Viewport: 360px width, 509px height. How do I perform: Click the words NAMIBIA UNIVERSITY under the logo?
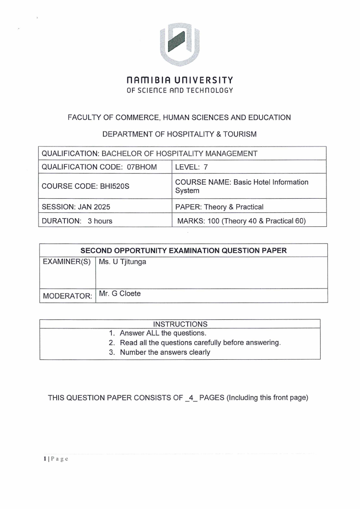coord(180,80)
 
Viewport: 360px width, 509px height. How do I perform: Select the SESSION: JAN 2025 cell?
coord(76,207)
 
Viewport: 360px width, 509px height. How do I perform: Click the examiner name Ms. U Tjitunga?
coord(122,262)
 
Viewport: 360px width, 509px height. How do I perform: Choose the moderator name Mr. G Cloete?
coord(120,294)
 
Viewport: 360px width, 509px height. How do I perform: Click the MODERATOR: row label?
coord(67,296)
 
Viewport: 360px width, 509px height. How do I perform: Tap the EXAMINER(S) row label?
coord(67,263)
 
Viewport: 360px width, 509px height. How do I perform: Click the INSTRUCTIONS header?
coord(180,324)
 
